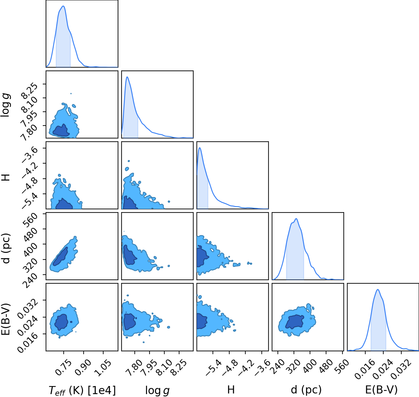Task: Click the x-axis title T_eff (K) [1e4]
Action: click(x=82, y=390)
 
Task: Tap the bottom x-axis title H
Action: click(x=231, y=390)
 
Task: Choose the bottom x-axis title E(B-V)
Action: click(x=381, y=390)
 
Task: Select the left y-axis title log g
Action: click(x=6, y=106)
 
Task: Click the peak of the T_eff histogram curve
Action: click(x=63, y=6)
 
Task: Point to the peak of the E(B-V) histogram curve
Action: click(x=378, y=290)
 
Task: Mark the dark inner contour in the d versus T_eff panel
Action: click(x=60, y=257)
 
